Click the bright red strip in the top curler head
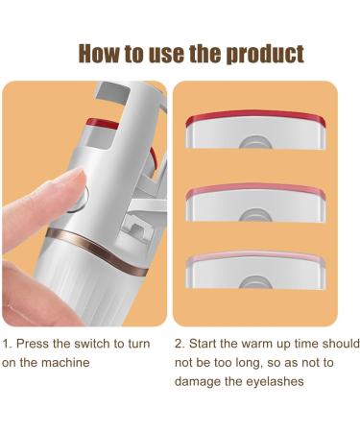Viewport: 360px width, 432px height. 254,119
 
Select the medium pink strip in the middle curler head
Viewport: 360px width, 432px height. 254,188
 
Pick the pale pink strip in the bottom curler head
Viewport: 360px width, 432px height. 254,257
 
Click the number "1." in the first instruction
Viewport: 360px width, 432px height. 7,344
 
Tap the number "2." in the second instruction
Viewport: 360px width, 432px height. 180,344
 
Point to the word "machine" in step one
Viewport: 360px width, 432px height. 70,362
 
